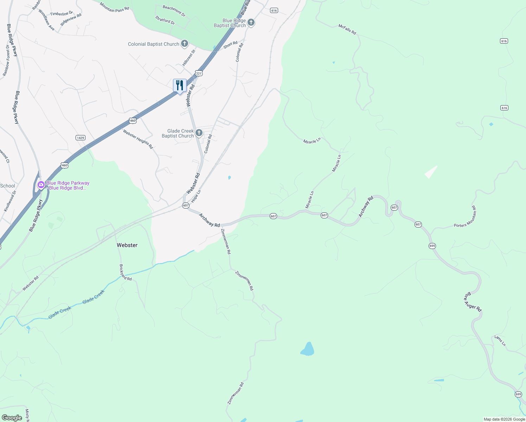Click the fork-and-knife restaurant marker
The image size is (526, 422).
(x=180, y=85)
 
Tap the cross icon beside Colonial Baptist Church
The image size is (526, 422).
(x=184, y=44)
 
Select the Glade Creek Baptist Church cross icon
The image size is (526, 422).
(x=199, y=133)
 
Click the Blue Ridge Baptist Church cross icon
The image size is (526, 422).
(x=251, y=23)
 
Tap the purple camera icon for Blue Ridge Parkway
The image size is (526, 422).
(x=41, y=185)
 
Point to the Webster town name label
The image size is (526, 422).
(x=127, y=245)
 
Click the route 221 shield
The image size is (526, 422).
(x=199, y=73)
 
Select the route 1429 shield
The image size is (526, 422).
(x=81, y=138)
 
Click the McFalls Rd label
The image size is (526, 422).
(x=347, y=29)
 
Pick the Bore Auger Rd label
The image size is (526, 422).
(x=473, y=302)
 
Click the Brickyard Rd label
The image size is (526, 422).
(x=125, y=273)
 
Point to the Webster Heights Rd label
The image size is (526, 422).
(x=138, y=139)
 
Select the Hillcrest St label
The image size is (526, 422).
(x=189, y=58)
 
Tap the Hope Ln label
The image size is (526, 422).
(x=196, y=196)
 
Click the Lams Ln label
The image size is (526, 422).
(x=500, y=340)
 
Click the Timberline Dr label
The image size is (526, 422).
(x=61, y=14)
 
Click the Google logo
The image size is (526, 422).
(x=12, y=418)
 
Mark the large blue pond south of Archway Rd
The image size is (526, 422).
(x=308, y=349)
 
